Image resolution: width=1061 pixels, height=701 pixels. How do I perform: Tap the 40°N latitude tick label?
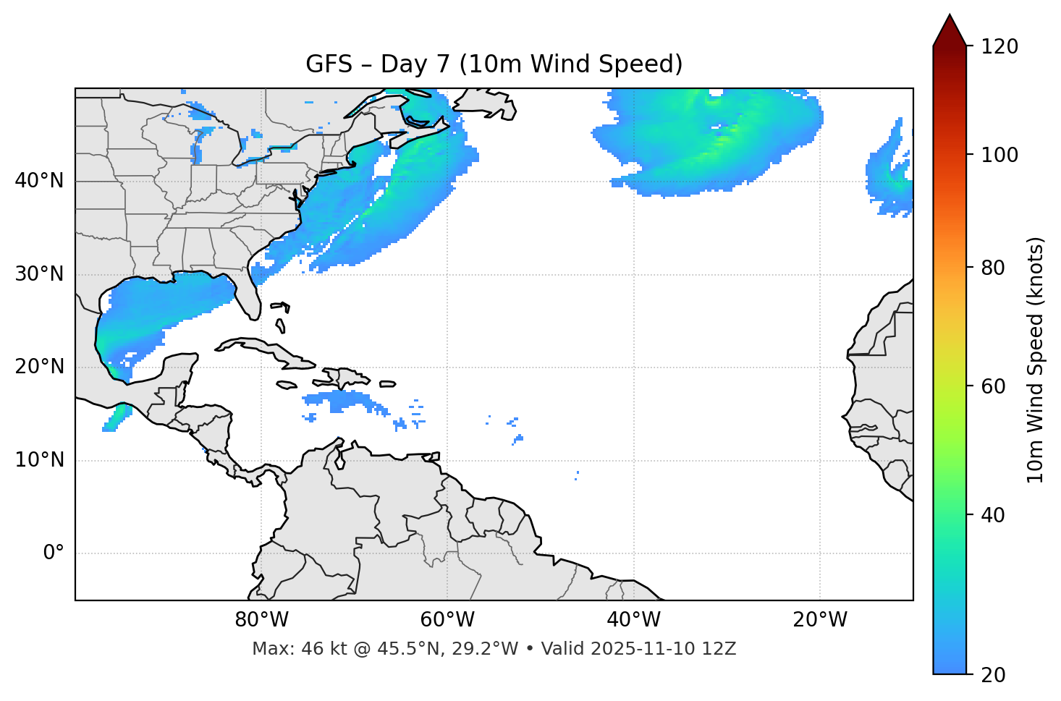[39, 181]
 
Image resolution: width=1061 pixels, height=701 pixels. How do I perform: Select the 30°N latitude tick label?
[39, 274]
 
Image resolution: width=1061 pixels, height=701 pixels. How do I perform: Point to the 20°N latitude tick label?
[39, 367]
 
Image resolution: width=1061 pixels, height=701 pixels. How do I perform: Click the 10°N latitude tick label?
[39, 460]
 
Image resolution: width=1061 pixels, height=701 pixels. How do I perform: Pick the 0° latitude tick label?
[54, 553]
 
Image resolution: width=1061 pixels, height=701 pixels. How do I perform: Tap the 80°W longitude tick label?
[261, 620]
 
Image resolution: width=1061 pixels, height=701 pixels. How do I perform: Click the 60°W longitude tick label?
[447, 620]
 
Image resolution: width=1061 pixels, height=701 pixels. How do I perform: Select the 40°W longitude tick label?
[633, 620]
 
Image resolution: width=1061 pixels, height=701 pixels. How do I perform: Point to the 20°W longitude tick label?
[819, 620]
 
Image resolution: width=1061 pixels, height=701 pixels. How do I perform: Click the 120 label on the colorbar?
[999, 47]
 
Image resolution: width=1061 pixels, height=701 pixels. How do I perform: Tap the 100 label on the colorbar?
[999, 155]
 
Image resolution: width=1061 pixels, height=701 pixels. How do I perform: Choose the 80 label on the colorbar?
[993, 268]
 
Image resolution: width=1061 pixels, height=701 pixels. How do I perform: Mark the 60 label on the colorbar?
[993, 386]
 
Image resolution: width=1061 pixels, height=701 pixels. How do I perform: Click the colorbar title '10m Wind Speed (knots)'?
[1036, 360]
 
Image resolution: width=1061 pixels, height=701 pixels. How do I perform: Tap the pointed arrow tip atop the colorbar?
[950, 18]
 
